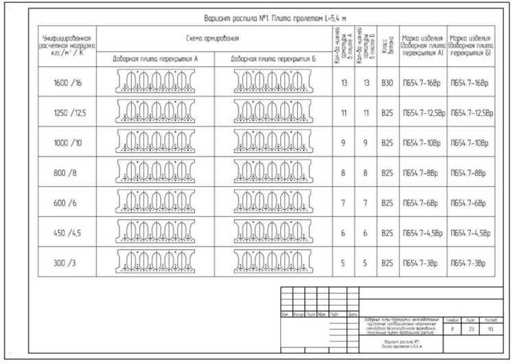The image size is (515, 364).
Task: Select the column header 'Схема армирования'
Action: tap(215, 38)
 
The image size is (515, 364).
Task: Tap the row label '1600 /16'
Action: tap(67, 84)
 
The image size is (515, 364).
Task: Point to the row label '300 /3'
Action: tap(67, 263)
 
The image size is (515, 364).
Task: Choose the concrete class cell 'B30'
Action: tap(387, 84)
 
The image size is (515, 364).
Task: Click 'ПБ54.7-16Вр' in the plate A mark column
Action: tap(422, 84)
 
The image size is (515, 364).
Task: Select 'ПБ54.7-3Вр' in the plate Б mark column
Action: tap(470, 263)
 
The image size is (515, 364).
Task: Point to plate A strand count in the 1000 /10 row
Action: tap(343, 144)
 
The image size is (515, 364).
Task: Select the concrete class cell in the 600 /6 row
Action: tap(387, 203)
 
